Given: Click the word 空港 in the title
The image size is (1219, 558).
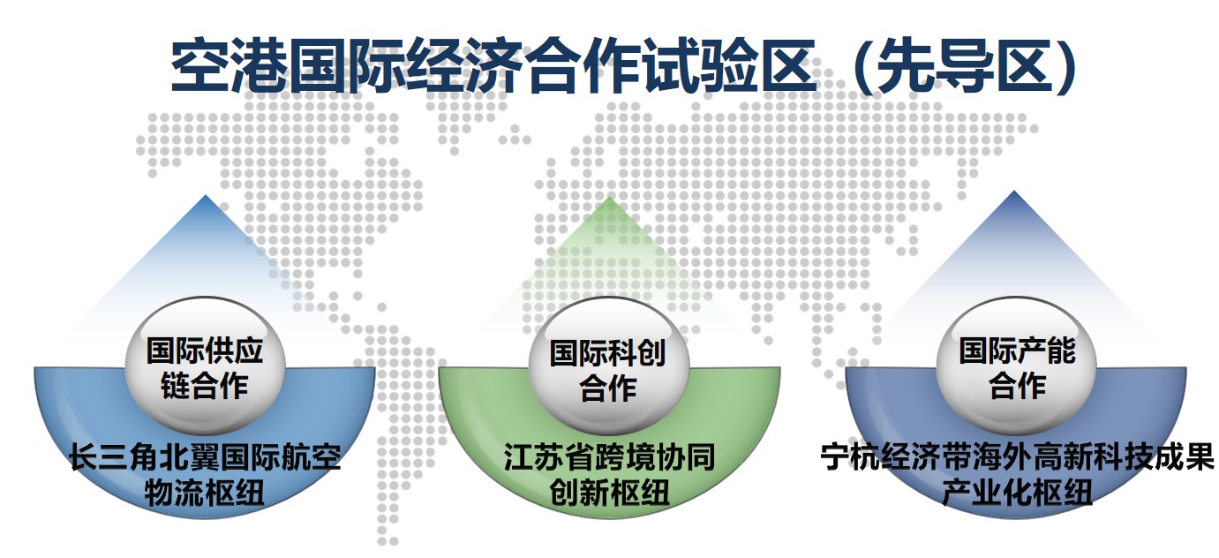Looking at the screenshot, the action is (x=229, y=64).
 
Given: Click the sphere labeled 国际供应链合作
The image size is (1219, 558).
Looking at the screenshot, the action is (x=205, y=366).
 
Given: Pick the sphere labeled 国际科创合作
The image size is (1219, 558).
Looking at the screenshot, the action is (x=609, y=366).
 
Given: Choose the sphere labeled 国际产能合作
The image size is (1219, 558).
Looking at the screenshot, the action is (x=1016, y=366).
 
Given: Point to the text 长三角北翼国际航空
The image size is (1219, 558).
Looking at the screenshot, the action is (x=205, y=456).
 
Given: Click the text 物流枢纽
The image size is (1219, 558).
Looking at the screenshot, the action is (x=205, y=493).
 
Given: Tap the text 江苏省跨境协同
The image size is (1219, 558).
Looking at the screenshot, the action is (x=609, y=456).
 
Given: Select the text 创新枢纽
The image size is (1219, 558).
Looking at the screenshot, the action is (x=609, y=493).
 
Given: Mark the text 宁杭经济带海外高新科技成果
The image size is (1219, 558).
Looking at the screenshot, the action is (x=1018, y=456).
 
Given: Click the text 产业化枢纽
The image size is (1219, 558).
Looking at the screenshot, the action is (x=1017, y=493).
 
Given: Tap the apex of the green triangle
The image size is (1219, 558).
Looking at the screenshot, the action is (x=609, y=197).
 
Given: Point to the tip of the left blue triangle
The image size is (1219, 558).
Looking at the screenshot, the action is (x=205, y=195).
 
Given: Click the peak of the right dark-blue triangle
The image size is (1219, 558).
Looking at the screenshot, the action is (x=1014, y=191).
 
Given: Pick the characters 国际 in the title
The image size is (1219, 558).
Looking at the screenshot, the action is (x=346, y=64).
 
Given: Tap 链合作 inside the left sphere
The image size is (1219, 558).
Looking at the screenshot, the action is (x=205, y=386).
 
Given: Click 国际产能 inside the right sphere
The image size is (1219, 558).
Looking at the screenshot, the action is (x=1017, y=350).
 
